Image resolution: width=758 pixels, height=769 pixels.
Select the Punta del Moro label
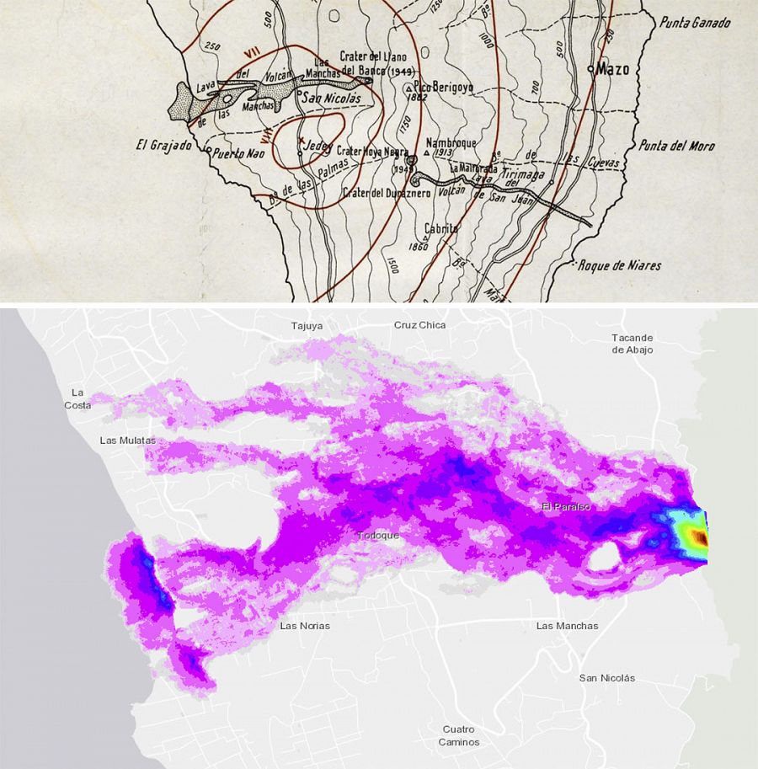tap(676, 146)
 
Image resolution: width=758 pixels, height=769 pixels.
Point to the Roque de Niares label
tap(620, 265)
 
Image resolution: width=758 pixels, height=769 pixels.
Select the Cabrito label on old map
tap(441, 227)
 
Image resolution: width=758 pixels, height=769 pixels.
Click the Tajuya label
tap(307, 325)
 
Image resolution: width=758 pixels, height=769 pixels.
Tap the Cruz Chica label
tap(419, 324)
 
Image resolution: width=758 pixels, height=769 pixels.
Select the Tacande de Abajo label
tap(633, 344)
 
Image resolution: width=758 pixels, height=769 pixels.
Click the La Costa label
tap(77, 398)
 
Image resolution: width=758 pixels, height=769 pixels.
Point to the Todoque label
tap(378, 536)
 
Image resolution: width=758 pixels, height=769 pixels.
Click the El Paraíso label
tap(566, 507)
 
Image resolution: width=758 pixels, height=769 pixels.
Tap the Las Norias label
tap(305, 626)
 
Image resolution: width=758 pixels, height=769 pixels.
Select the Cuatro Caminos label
tap(459, 735)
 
